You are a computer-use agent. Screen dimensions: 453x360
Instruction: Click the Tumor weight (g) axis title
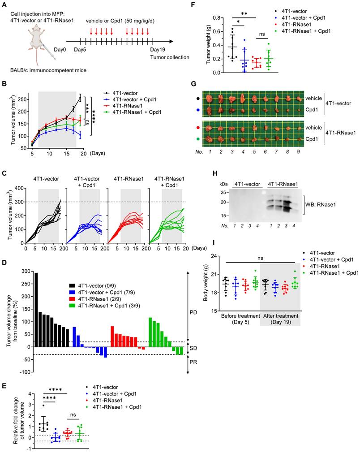(209, 45)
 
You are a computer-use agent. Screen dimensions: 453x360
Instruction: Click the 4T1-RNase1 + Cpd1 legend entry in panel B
(140, 112)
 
